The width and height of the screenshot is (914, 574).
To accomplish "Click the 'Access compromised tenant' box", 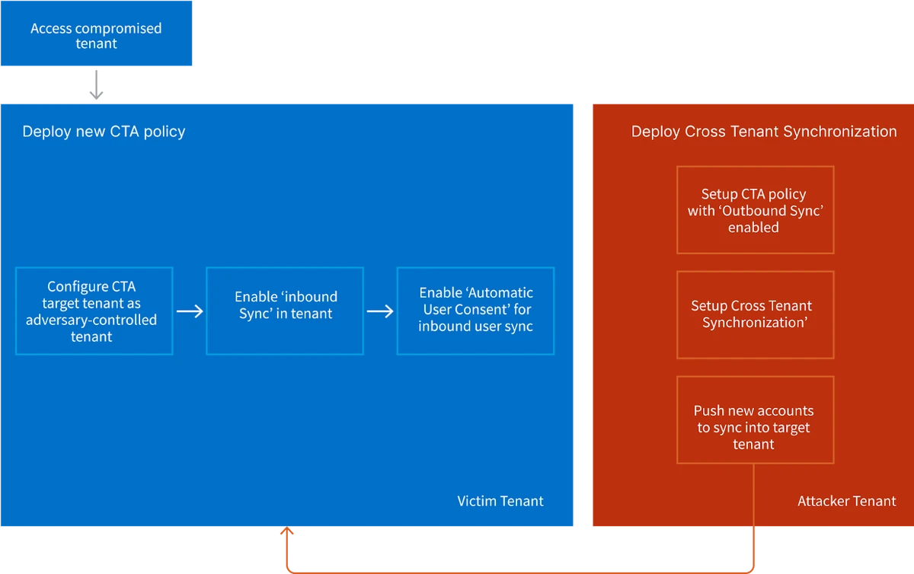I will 96,36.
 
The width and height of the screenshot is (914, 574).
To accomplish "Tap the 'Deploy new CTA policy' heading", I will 104,132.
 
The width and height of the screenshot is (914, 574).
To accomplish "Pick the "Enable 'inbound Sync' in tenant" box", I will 285,311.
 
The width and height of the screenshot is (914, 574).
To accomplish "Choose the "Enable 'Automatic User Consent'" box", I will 475,311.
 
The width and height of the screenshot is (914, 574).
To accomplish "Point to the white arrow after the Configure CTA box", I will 190,311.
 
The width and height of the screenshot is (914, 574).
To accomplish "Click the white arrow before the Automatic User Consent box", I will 380,311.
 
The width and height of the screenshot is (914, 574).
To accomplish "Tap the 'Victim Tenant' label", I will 500,501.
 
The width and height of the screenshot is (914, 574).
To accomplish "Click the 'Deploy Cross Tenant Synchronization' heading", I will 764,132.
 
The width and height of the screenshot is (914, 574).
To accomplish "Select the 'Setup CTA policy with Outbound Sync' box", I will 755,210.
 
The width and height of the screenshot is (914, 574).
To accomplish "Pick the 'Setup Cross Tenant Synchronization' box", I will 755,314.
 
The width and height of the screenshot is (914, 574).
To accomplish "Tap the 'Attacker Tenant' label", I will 846,501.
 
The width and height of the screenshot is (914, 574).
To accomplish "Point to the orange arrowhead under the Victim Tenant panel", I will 287,535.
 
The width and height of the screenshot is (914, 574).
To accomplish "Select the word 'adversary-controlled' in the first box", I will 91,320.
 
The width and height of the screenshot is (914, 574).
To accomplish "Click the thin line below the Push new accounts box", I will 755,495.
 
